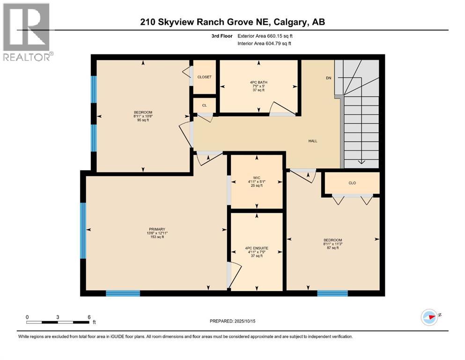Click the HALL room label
tap(313, 141)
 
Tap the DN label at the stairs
tap(329, 78)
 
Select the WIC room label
tap(257, 177)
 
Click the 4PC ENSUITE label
tap(257, 248)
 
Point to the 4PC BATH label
tap(258, 82)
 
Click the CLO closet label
tap(352, 183)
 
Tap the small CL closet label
tap(204, 105)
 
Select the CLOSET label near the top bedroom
tap(204, 77)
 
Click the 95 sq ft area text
tap(143, 120)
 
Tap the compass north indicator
tap(429, 316)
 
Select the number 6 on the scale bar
tap(89, 317)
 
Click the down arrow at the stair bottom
tap(361, 161)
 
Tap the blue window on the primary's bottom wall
tap(123, 293)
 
